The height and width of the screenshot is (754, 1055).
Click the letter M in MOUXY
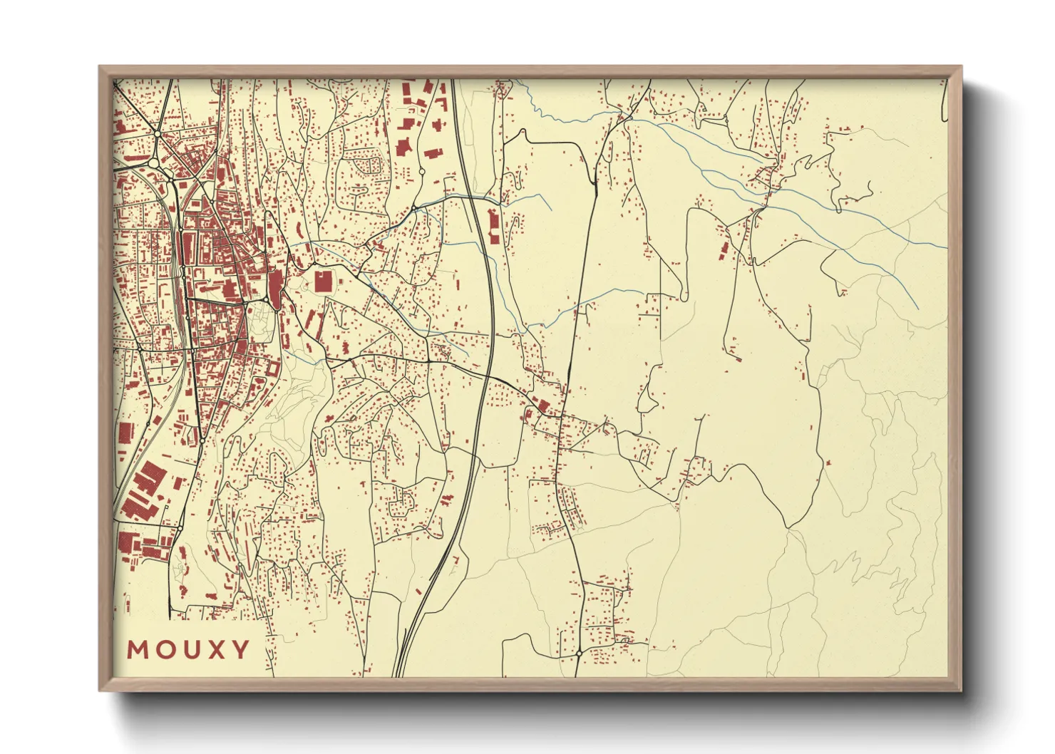click(138, 649)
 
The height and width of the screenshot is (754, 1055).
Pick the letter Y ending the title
click(240, 649)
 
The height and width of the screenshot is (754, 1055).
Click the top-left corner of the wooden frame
click(100, 67)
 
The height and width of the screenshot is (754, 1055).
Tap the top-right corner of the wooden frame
click(961, 67)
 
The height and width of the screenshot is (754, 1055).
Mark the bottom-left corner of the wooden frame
click(100, 690)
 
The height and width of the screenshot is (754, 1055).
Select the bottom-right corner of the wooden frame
click(961, 690)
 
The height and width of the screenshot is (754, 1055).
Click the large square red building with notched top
click(323, 280)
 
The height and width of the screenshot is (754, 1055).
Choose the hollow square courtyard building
click(273, 370)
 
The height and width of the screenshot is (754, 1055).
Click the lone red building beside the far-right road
click(828, 463)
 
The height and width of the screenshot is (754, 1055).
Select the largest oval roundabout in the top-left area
click(154, 163)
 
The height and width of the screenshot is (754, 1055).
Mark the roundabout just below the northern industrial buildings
click(421, 172)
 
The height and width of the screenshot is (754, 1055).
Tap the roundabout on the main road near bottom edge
click(579, 652)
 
